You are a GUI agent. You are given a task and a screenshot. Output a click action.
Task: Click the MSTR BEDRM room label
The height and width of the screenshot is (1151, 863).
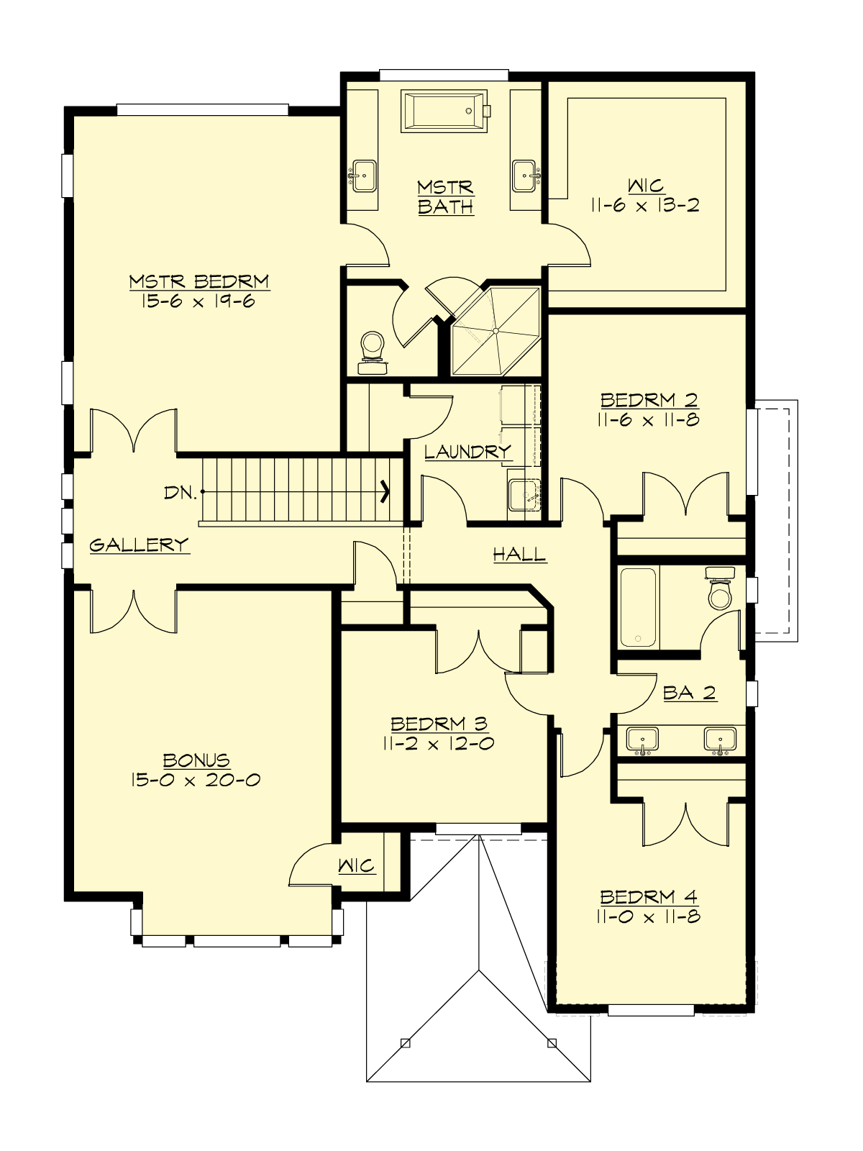[x=199, y=281]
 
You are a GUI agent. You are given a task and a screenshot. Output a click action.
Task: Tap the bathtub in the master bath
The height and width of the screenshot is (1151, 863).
[x=444, y=112]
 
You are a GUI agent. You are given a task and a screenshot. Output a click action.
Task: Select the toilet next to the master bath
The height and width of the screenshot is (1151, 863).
[x=373, y=352]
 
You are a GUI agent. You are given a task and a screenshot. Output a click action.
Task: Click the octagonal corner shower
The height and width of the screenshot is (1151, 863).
[x=495, y=330]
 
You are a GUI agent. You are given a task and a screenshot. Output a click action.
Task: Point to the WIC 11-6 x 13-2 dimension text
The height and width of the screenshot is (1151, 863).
[x=645, y=206]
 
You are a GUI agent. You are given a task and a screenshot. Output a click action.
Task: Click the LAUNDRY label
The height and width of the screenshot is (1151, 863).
[x=467, y=452]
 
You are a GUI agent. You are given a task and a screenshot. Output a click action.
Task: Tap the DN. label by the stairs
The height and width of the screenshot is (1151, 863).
[x=179, y=493]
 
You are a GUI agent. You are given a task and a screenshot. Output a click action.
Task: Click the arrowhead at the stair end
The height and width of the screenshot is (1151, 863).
[x=385, y=492]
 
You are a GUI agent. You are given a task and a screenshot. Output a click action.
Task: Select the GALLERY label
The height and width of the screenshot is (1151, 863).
[x=139, y=545]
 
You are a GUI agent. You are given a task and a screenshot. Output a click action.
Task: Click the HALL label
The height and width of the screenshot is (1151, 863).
[x=519, y=554]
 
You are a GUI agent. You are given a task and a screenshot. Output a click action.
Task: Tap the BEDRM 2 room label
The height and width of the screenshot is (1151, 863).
[x=649, y=399]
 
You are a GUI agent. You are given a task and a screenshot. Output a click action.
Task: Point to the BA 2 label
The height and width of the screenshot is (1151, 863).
[x=689, y=693]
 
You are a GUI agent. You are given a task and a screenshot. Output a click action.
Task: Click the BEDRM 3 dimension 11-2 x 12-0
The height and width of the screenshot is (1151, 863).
[x=439, y=744]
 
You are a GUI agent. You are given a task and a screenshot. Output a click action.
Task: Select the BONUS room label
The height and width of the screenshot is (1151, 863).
[x=196, y=760]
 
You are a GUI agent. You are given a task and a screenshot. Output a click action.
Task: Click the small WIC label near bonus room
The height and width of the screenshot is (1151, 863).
[x=357, y=865]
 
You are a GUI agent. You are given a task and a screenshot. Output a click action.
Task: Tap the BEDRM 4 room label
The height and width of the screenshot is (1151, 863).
[x=649, y=897]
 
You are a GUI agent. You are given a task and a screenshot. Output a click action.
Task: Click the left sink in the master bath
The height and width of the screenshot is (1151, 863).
[x=364, y=176]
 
